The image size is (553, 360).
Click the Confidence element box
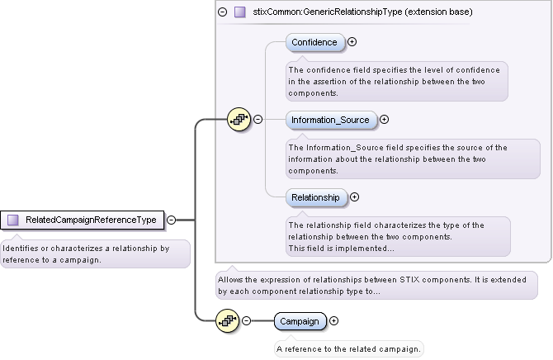tap(314, 42)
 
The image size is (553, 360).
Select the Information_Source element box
tap(329, 120)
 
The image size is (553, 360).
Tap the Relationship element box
tap(315, 197)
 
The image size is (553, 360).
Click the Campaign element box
tap(300, 320)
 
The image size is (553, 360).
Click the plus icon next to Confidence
tap(352, 41)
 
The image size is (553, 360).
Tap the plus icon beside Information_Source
tap(384, 120)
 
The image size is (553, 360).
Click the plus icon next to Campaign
tap(334, 320)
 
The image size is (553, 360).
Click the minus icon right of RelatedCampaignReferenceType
tap(171, 220)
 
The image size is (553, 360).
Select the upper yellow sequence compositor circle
tap(239, 120)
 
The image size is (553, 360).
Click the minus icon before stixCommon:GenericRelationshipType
tap(222, 12)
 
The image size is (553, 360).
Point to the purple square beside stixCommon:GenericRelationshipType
tap(240, 12)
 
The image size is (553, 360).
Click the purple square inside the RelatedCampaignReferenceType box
tap(13, 220)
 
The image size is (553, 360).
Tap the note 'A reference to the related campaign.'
tap(348, 349)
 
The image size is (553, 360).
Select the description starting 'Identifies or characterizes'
tap(94, 253)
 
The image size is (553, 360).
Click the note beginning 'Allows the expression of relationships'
tap(376, 285)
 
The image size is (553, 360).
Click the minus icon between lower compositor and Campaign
tap(246, 320)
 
